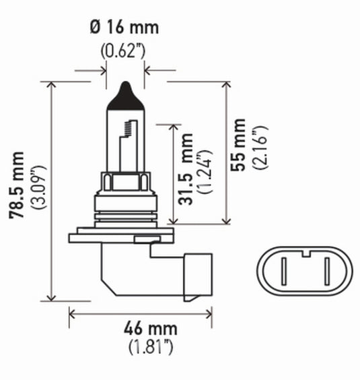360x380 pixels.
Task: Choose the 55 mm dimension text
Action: click(x=238, y=144)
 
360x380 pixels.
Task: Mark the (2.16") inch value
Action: click(x=260, y=146)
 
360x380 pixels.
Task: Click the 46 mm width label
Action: click(x=142, y=329)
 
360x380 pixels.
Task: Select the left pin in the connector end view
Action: click(x=285, y=274)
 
